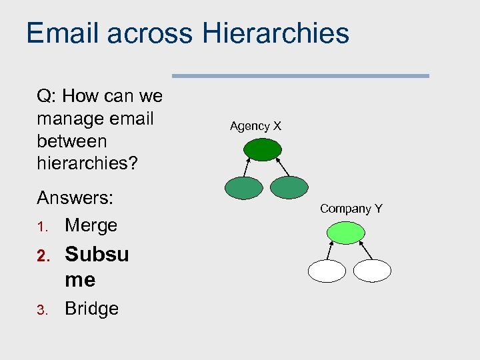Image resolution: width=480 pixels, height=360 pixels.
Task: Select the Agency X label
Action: coord(255,125)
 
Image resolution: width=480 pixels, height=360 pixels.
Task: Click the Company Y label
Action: coord(351,209)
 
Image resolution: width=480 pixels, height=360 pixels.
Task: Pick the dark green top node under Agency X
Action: coord(263,149)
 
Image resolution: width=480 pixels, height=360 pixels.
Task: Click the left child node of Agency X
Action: coord(243,188)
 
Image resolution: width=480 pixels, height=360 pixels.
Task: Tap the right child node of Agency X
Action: coord(289,188)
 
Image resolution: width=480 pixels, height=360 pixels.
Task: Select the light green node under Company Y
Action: coord(346,232)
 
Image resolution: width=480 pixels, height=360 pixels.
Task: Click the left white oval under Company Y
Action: coord(327,270)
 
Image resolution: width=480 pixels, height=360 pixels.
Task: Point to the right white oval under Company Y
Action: coord(372,270)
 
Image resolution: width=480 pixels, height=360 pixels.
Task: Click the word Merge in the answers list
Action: coord(91,225)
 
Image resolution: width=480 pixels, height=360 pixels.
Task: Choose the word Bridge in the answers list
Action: coord(91,309)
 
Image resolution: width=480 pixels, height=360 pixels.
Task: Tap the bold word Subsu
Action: coord(97,254)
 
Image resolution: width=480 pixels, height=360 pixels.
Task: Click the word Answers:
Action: coord(75,198)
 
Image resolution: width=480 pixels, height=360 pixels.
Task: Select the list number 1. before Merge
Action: coord(42,227)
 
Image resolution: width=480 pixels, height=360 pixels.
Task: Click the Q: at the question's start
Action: coord(46,96)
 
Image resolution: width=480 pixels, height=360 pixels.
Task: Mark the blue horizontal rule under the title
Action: coord(301,76)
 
